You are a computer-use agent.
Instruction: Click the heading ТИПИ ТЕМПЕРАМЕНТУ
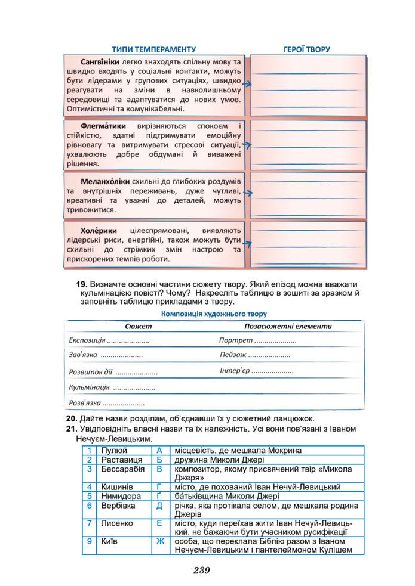point(153,49)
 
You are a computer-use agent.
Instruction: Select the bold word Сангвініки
point(100,62)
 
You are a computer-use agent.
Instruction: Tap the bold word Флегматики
point(103,126)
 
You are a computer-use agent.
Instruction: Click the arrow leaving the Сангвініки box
point(247,85)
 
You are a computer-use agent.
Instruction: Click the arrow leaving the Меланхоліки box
point(247,193)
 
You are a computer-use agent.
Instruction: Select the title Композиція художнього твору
point(214,313)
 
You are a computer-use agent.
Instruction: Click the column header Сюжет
point(139,327)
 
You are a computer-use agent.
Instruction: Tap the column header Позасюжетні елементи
point(288,327)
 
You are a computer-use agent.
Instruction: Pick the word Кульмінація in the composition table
point(89,387)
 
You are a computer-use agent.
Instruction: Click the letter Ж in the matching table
point(159,541)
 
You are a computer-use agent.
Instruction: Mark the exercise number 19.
point(82,283)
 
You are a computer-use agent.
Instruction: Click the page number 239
point(202,571)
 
